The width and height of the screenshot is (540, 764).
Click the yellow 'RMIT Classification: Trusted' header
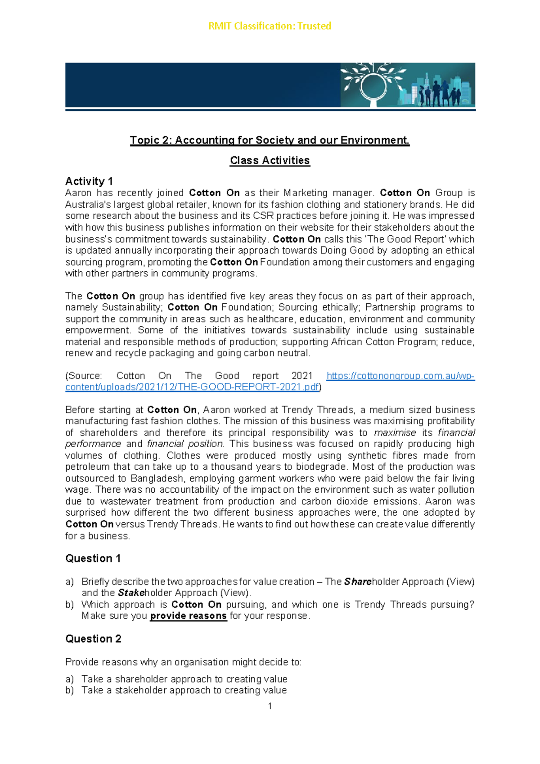[270, 26]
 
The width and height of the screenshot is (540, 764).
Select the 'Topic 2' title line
[270, 140]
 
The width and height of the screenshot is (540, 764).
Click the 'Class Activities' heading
[270, 161]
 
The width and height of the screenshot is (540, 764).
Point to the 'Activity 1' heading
[89, 181]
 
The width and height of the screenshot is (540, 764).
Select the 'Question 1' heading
[93, 558]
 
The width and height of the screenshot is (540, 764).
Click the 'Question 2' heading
[93, 639]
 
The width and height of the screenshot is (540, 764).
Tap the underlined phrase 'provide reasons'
[188, 616]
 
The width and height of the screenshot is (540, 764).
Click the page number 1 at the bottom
[270, 706]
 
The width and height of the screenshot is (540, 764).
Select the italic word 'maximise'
[395, 433]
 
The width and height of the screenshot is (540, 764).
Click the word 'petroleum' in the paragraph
[84, 467]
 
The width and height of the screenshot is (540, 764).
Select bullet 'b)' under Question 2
[69, 690]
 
